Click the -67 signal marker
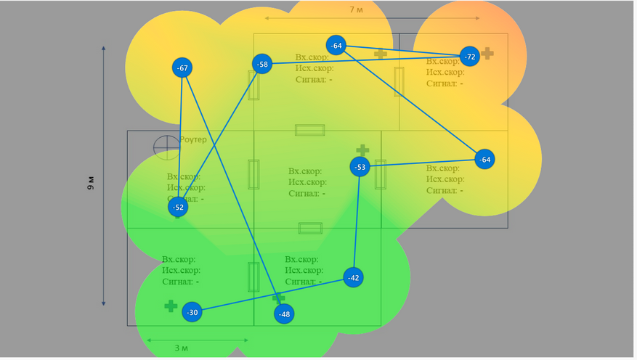(182, 68)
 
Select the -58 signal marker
(262, 65)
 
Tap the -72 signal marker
(470, 57)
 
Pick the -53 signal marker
(360, 168)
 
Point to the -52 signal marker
(178, 208)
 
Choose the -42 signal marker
(353, 278)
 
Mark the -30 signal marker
(192, 313)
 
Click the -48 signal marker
(284, 314)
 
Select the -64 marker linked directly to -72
(336, 45)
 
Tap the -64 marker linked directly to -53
(484, 160)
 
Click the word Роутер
(192, 139)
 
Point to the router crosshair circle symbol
(166, 147)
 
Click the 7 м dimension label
(356, 9)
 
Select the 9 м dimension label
(91, 182)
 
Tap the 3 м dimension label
(182, 348)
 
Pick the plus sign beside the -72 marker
(487, 53)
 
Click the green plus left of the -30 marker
(171, 306)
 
